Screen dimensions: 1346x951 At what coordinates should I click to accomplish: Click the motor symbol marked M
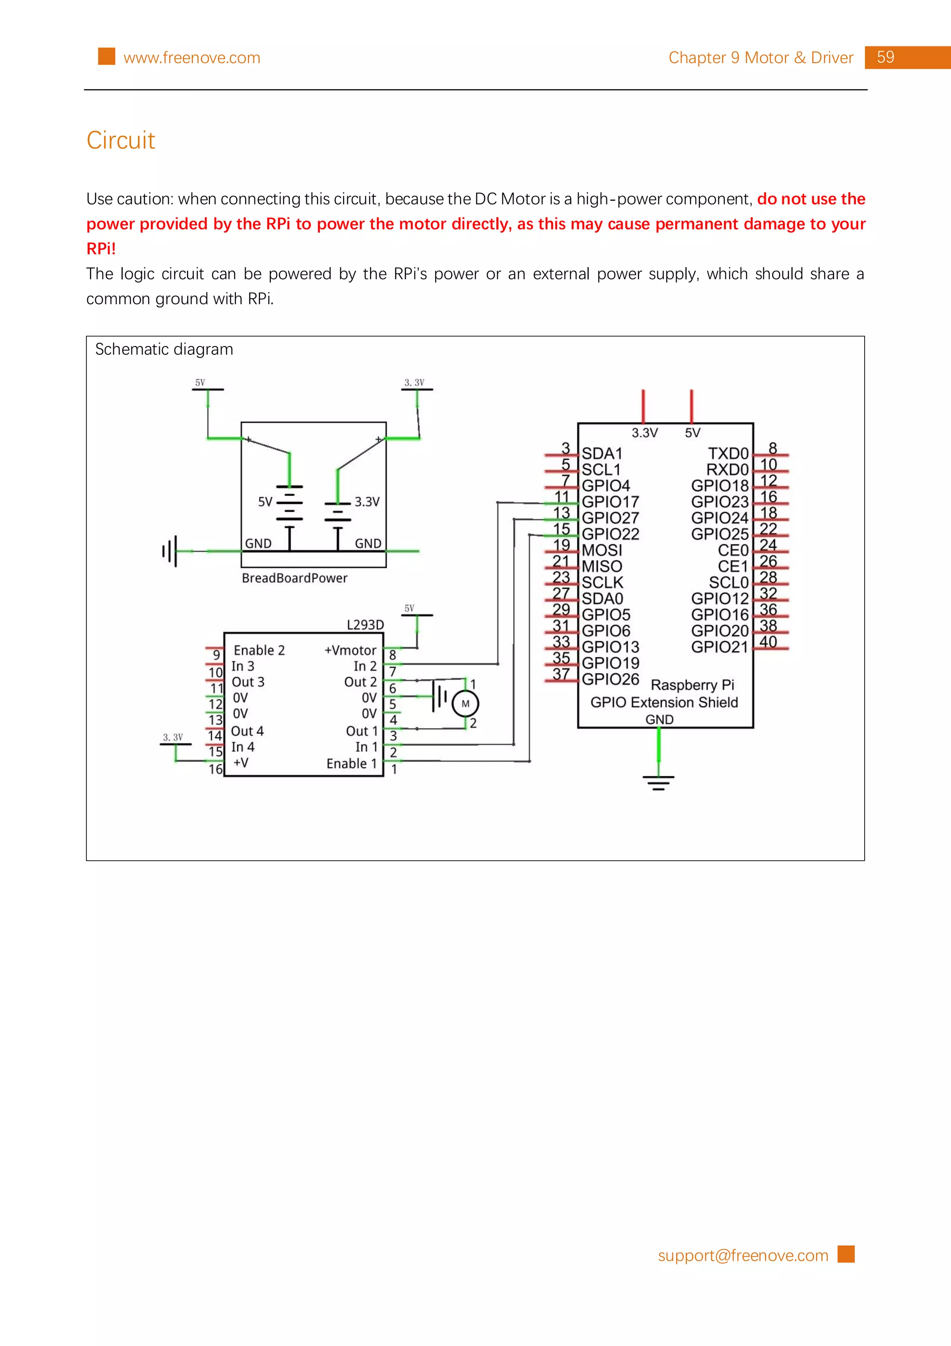[465, 704]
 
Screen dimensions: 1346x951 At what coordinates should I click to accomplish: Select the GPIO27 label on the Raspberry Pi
[610, 518]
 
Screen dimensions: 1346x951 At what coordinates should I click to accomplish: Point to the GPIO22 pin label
[610, 534]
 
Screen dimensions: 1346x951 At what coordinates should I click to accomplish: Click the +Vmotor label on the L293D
[351, 650]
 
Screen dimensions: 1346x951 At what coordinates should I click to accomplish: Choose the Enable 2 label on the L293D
[259, 650]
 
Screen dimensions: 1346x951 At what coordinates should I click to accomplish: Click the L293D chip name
[365, 625]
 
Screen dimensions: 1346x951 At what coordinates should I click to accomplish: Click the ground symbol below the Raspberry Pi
[658, 782]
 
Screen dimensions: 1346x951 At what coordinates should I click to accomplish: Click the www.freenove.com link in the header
[192, 58]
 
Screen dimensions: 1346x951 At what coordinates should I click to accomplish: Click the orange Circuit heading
[121, 140]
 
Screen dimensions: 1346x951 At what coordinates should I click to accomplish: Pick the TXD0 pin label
[728, 453]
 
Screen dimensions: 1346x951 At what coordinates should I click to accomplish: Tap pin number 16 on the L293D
[215, 769]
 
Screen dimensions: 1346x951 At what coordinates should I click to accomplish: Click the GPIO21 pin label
[720, 647]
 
